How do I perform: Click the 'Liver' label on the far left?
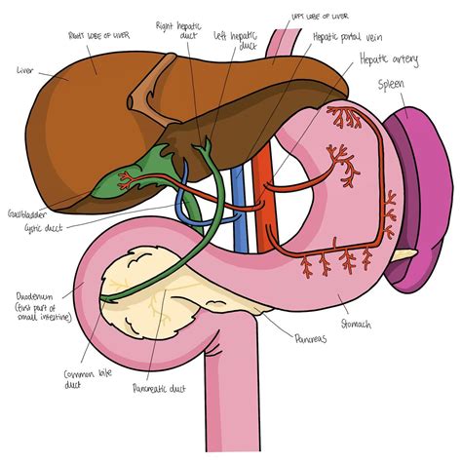pos(26,70)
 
